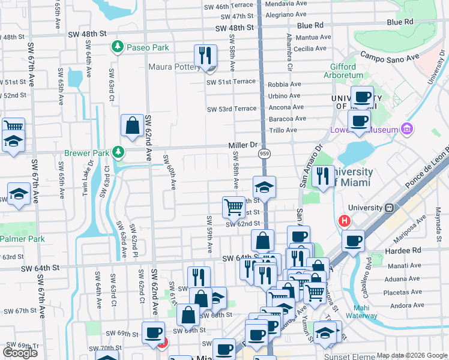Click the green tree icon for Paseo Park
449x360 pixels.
[118, 47]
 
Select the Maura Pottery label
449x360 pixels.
[175, 67]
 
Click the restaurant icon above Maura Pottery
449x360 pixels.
[205, 56]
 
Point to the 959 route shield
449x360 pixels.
[264, 154]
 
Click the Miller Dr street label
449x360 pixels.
[243, 145]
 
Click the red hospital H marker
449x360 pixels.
[345, 221]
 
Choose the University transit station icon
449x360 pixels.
[389, 208]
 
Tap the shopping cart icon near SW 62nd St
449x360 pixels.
[233, 208]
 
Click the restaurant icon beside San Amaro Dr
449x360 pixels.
[323, 176]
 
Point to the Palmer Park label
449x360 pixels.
[22, 239]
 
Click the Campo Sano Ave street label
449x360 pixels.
[389, 58]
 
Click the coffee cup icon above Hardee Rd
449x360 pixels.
[353, 241]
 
